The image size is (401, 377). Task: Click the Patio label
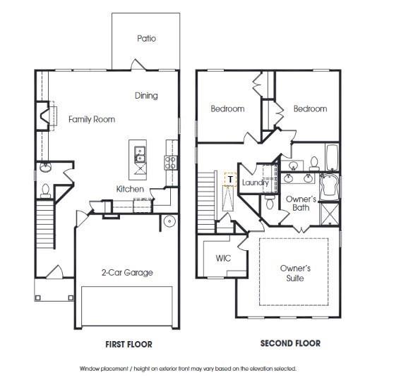(146, 39)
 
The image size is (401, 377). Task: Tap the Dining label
(146, 96)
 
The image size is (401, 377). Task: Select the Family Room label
(92, 120)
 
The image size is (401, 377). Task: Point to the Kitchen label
(131, 190)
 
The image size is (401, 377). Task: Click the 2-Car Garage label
(126, 273)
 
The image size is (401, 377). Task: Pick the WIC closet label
(223, 259)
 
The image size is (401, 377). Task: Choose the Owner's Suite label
(295, 273)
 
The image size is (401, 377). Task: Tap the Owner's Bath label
(301, 204)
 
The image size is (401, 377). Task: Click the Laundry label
(255, 183)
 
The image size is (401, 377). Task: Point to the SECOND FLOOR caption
(290, 344)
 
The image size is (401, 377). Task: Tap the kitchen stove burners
(170, 162)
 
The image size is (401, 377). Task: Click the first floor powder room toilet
(44, 190)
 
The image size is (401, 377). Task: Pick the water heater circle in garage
(169, 221)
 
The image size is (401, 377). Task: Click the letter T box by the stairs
(229, 179)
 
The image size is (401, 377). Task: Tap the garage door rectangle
(127, 306)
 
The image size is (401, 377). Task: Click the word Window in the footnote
(90, 369)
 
